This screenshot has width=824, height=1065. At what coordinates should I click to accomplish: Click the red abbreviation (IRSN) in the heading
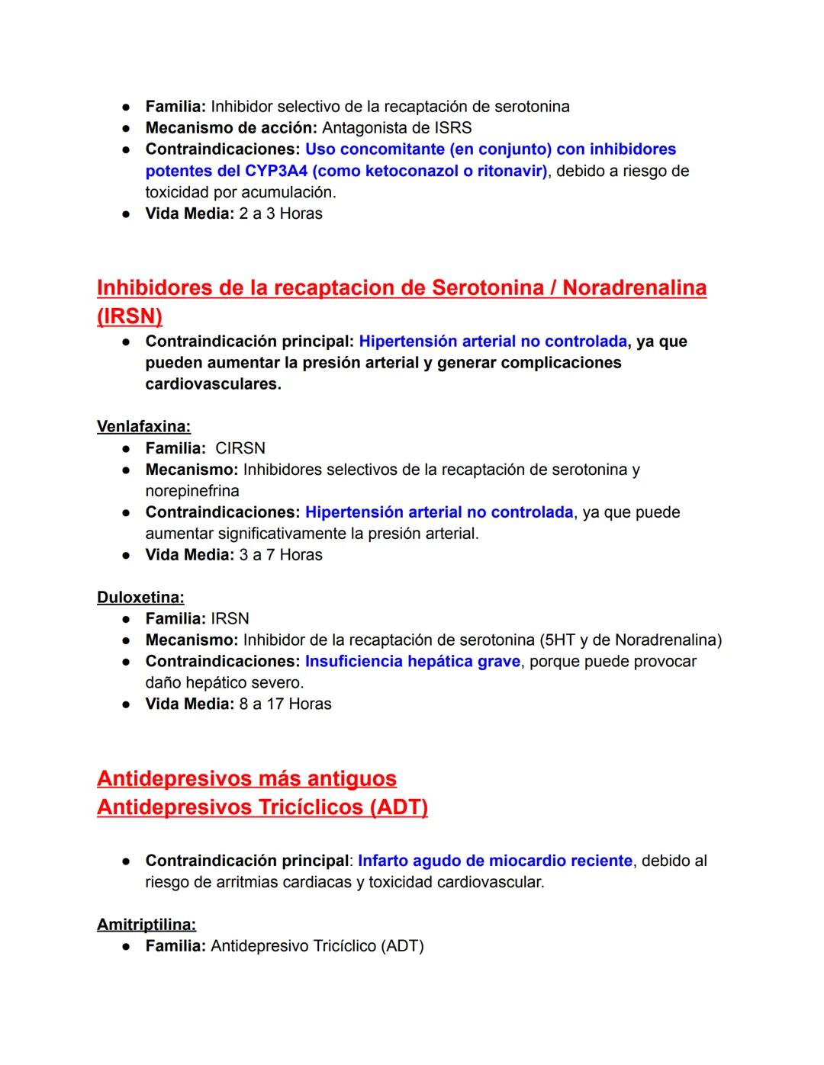(130, 316)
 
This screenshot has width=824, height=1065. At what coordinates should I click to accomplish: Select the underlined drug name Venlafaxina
(143, 426)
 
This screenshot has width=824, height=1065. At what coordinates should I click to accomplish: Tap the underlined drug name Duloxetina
(140, 597)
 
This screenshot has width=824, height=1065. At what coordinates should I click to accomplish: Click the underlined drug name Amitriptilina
(146, 924)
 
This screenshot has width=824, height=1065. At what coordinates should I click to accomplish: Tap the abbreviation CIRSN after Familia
(240, 447)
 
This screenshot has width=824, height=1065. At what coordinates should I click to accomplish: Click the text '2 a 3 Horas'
(281, 213)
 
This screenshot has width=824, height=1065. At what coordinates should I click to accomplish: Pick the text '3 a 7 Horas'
(281, 554)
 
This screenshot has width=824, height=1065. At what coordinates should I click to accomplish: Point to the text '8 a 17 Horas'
(285, 704)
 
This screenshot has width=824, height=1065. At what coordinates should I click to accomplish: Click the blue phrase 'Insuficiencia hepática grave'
(412, 661)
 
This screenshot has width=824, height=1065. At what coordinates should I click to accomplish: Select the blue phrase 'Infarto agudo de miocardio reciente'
(494, 861)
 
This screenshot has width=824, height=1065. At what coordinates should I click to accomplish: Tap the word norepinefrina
(192, 490)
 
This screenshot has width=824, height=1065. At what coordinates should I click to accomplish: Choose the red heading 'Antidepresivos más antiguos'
(246, 778)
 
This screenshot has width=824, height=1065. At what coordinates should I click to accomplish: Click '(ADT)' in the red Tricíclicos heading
(398, 807)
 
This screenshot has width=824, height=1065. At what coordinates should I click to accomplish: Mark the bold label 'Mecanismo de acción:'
(231, 128)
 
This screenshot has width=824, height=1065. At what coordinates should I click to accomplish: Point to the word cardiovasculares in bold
(213, 383)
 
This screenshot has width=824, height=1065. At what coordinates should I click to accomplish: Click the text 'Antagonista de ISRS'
(397, 128)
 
